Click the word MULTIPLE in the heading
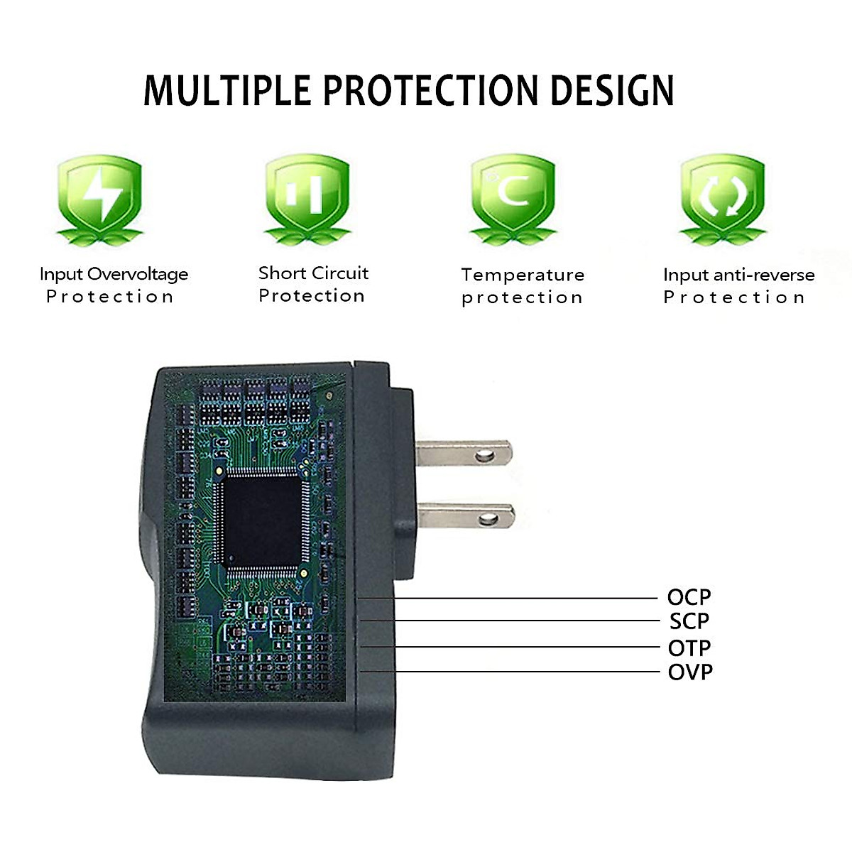tap(226, 90)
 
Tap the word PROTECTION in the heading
tap(429, 90)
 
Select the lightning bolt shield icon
tap(99, 195)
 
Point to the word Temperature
tap(523, 275)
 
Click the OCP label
tap(689, 597)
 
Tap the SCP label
tap(689, 621)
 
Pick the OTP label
tap(689, 648)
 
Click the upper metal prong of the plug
tap(461, 454)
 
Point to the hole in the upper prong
tap(486, 454)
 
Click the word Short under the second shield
tap(282, 273)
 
